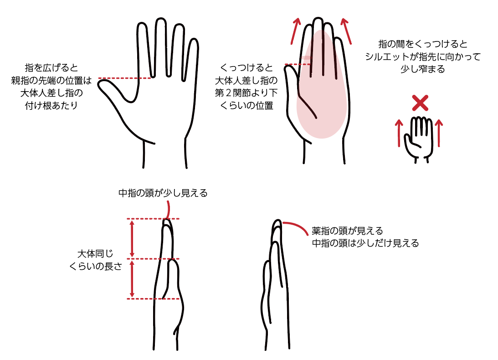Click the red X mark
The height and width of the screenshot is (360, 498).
point(420,103)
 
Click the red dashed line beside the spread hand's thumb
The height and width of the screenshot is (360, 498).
point(124,78)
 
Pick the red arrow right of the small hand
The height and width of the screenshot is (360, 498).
point(439,133)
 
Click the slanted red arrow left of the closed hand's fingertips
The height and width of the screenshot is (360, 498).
point(296,31)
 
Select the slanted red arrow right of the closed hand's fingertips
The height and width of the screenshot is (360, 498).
point(346,31)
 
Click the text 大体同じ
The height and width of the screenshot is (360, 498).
point(95,253)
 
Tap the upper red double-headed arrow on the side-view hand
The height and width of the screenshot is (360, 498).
point(132,239)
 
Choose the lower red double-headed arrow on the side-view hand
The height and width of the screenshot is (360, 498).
point(132,279)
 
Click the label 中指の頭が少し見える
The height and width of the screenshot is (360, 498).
point(163,193)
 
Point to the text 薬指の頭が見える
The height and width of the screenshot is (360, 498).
point(348,231)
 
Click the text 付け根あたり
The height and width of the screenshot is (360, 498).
point(51,105)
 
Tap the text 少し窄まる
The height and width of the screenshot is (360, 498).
point(423,69)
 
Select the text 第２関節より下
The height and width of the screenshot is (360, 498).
point(246,93)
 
